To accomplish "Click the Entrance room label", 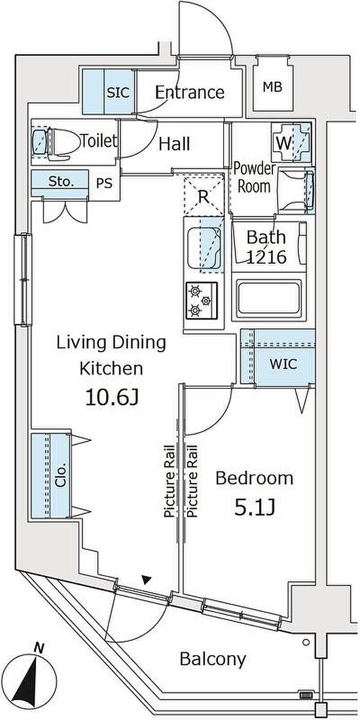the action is click(190, 93).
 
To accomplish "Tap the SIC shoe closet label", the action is click(118, 93).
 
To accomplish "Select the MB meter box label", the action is click(273, 87).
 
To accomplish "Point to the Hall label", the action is click(174, 144).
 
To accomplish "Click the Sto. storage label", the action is click(61, 182).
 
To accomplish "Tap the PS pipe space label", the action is click(104, 183).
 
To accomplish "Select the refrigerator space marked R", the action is click(204, 195).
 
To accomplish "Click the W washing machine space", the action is click(291, 142).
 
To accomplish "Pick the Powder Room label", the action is click(254, 177).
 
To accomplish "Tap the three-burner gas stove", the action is click(202, 300).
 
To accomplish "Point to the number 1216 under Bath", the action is click(266, 257).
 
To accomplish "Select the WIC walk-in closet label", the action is click(283, 364).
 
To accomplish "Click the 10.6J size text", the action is click(112, 397).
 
